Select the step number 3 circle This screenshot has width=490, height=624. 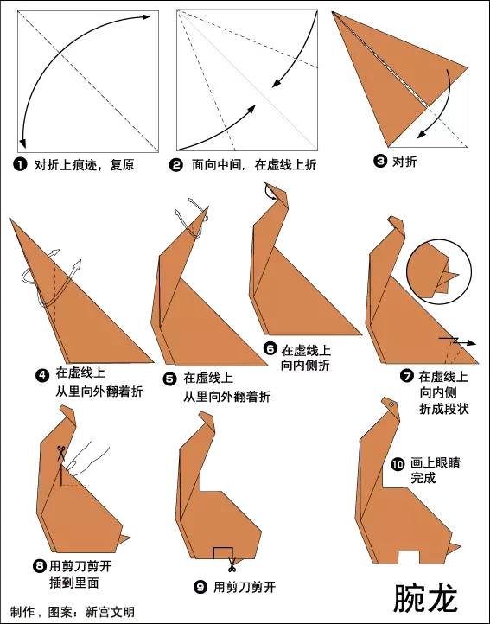(x=379, y=161)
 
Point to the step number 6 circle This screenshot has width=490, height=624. (x=270, y=349)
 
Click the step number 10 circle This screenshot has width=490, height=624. (x=397, y=463)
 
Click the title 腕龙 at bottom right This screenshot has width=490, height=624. (x=426, y=597)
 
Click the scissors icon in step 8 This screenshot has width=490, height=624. (x=61, y=453)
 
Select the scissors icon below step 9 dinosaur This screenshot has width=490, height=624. (x=232, y=566)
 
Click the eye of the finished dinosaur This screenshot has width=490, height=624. (x=391, y=404)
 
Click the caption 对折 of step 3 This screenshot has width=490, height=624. (x=404, y=161)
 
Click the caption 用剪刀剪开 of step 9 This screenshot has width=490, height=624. (x=245, y=587)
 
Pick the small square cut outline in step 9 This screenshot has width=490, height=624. (x=223, y=552)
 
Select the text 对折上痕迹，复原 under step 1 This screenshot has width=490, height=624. (x=84, y=163)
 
